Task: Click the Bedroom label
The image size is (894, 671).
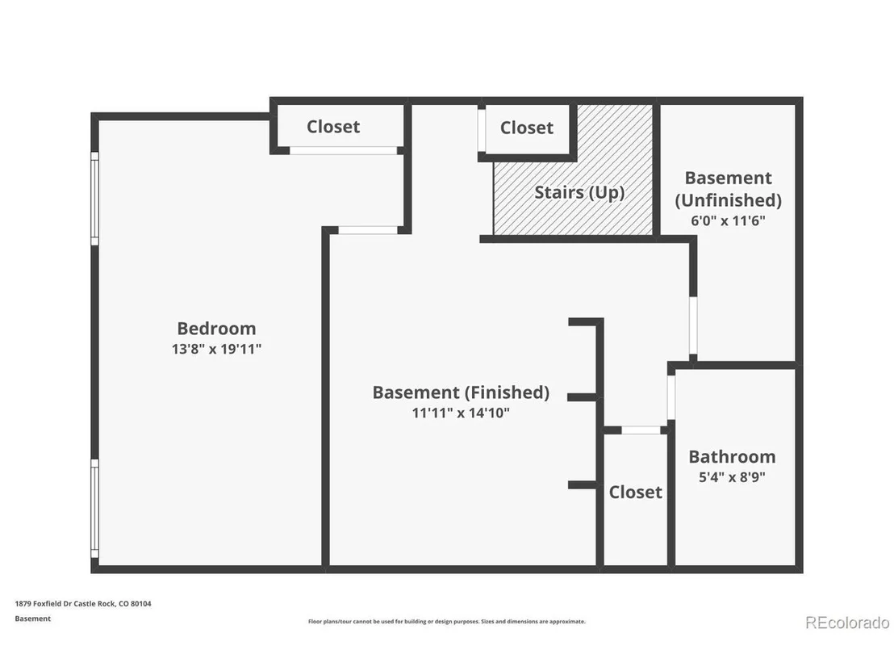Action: tap(216, 328)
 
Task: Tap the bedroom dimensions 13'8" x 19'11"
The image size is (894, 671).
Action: tap(216, 349)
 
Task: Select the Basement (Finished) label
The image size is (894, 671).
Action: tap(461, 392)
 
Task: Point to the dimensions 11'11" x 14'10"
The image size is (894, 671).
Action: tap(461, 413)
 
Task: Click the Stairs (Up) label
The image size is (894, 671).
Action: tap(579, 193)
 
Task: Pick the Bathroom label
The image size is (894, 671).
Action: tap(732, 456)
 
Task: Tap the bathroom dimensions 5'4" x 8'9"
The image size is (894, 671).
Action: tap(732, 477)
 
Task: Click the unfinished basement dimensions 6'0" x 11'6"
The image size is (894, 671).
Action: tap(728, 220)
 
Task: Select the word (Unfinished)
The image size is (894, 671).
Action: tap(728, 200)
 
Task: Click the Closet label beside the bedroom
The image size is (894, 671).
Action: tap(333, 127)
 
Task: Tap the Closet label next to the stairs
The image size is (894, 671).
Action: tap(526, 128)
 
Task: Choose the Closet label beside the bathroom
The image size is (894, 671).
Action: tap(635, 492)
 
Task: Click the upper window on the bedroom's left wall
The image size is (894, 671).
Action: tap(94, 198)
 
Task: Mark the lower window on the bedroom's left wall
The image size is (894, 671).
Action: tap(94, 509)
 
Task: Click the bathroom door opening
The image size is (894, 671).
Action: tap(671, 397)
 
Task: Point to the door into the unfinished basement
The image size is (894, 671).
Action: tap(693, 325)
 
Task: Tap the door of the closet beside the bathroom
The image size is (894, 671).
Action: tap(641, 430)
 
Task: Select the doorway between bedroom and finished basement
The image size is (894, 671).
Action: tap(368, 230)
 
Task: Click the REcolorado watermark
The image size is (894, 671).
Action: tap(847, 623)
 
